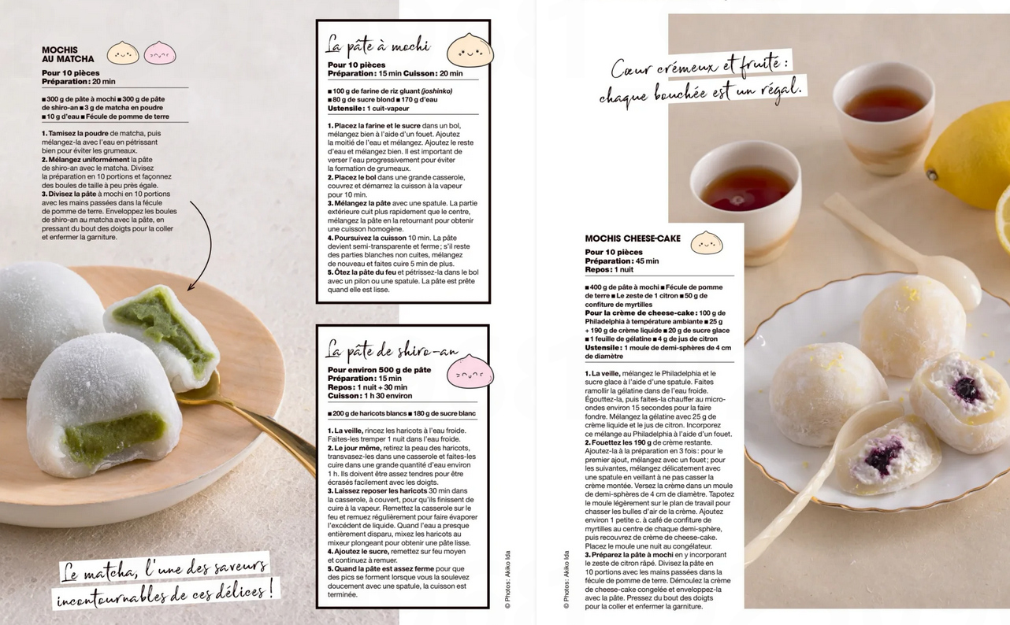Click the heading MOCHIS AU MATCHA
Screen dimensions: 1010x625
pyautogui.click(x=68, y=54)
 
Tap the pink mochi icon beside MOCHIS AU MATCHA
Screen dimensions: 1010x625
pyautogui.click(x=160, y=53)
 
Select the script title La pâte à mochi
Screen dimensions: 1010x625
pyautogui.click(x=378, y=45)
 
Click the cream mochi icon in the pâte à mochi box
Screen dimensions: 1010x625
pyautogui.click(x=470, y=50)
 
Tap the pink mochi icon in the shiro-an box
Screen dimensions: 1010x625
pyautogui.click(x=470, y=372)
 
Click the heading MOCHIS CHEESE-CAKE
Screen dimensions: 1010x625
pyautogui.click(x=633, y=239)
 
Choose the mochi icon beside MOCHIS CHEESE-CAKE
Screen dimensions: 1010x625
pyautogui.click(x=707, y=242)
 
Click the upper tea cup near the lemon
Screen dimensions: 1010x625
pyautogui.click(x=883, y=116)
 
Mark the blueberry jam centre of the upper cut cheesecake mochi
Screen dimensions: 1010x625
pyautogui.click(x=967, y=390)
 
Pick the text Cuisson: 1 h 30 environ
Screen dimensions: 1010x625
pyautogui.click(x=369, y=396)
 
